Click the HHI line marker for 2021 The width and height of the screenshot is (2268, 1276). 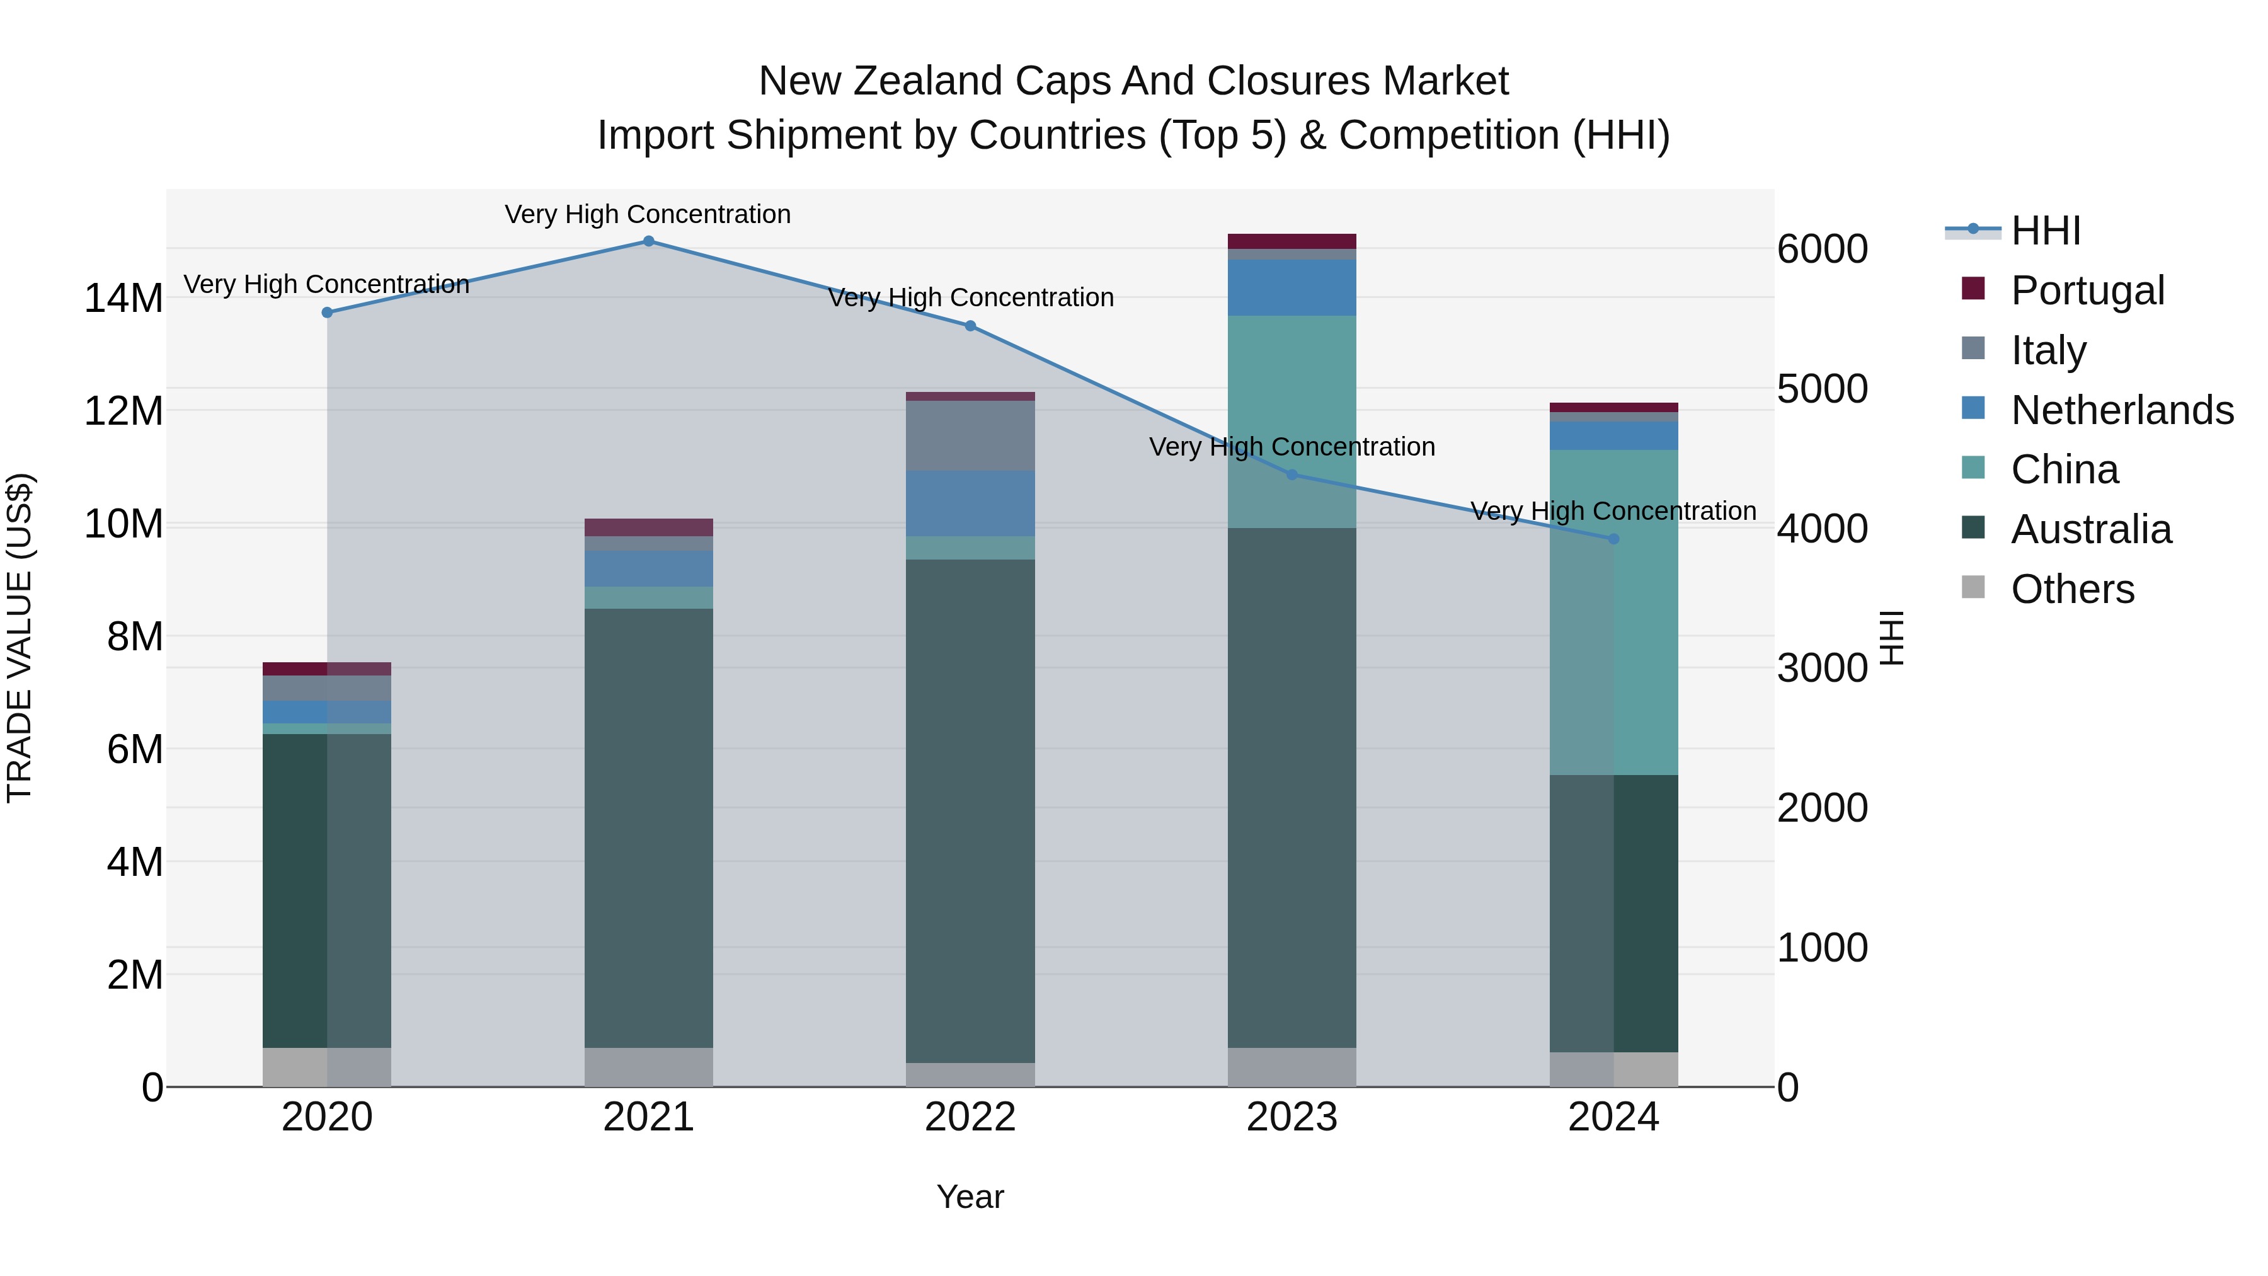pos(648,241)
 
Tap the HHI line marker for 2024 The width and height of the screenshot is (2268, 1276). pos(1613,539)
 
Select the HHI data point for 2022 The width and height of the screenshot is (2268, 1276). pos(970,326)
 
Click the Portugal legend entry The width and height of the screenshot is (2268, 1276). pos(2087,290)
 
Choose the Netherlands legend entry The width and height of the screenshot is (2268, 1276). pos(2122,410)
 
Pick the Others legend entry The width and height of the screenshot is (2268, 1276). pos(2073,589)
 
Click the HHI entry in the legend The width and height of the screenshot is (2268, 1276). pos(2045,231)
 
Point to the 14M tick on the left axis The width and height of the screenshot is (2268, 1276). pos(123,299)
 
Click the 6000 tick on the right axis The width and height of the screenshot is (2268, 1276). pos(1821,249)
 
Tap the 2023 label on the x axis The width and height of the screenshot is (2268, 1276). pos(1291,1117)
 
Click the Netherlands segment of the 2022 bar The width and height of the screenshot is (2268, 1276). pos(970,503)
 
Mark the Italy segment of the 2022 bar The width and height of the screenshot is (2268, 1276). pos(970,436)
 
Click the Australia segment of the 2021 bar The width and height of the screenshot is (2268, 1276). pos(648,828)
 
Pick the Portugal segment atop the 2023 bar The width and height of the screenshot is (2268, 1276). pos(1291,241)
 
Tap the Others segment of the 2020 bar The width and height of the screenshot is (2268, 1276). pos(326,1067)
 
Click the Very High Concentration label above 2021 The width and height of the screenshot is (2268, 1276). pos(648,215)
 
